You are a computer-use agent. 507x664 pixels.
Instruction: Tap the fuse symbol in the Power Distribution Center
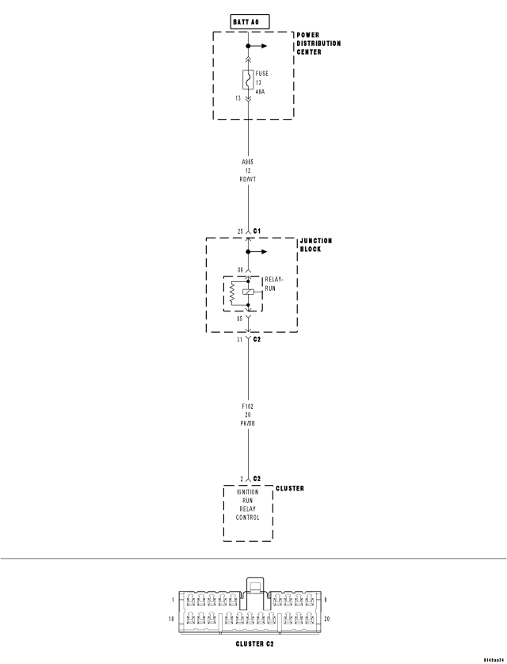(x=248, y=80)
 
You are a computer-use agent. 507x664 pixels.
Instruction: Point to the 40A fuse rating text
(x=261, y=92)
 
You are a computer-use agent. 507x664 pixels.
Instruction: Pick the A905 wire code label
(x=248, y=161)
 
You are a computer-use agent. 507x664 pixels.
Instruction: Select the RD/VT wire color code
(x=248, y=178)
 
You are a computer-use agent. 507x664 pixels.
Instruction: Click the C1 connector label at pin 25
(x=257, y=231)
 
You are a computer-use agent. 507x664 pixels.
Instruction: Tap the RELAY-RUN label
(x=275, y=284)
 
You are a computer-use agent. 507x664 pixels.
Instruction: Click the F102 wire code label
(x=248, y=405)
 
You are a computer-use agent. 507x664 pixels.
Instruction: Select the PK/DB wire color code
(x=248, y=422)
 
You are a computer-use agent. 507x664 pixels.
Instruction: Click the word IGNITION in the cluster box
(x=248, y=492)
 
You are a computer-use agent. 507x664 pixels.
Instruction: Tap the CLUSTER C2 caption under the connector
(x=249, y=644)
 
